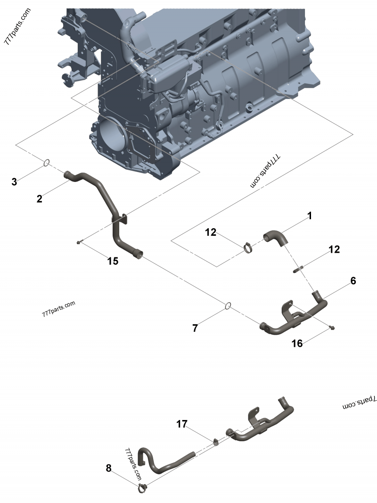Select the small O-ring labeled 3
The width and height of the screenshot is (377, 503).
(47, 163)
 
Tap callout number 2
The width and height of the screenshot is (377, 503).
(40, 199)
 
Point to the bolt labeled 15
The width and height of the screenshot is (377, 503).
(80, 242)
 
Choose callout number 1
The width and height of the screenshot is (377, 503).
(310, 216)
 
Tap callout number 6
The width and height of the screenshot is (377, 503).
(353, 281)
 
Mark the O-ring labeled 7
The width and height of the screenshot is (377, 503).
(227, 306)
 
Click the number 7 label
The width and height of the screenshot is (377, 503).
(195, 329)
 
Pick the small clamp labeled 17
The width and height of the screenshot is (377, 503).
(215, 441)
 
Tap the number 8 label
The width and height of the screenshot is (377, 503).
(109, 468)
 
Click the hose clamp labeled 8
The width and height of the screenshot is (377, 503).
(143, 488)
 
